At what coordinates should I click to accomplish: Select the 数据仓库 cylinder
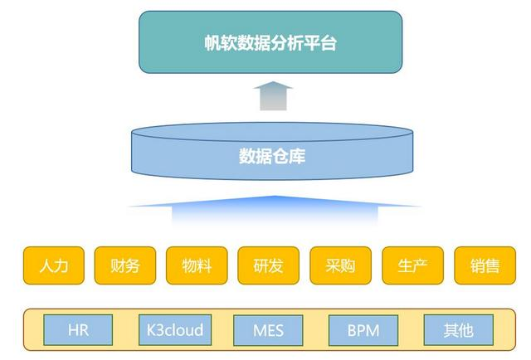point(272,153)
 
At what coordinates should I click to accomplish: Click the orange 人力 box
point(53,265)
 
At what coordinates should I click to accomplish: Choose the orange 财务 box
point(124,265)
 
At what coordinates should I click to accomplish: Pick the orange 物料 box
point(197,265)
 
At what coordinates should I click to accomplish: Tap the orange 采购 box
point(340,265)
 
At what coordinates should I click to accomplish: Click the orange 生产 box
point(412,265)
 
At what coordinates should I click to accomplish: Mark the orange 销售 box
point(485,265)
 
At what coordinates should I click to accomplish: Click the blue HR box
point(78,330)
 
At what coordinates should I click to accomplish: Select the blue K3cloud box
point(173,330)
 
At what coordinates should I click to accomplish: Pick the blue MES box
point(268,330)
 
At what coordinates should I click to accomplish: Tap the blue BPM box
point(363,330)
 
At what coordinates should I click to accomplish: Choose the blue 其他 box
point(458,330)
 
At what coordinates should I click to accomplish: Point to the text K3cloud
point(173,330)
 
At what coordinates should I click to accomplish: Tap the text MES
point(268,331)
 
